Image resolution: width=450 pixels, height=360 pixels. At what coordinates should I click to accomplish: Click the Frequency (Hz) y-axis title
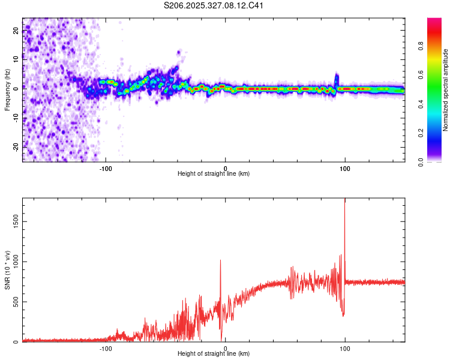(7, 90)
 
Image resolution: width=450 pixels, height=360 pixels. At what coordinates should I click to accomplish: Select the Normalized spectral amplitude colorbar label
(446, 90)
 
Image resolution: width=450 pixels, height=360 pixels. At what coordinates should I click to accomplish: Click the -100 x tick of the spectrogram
(106, 169)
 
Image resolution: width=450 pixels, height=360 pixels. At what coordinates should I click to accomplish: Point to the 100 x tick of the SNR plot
(345, 349)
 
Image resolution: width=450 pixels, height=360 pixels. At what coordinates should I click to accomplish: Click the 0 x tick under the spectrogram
(226, 169)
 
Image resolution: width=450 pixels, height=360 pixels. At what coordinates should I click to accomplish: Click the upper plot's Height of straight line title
(214, 174)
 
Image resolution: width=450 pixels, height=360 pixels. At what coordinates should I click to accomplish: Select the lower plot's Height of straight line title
(214, 354)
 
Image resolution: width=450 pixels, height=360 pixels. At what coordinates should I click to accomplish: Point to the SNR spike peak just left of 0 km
(220, 260)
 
